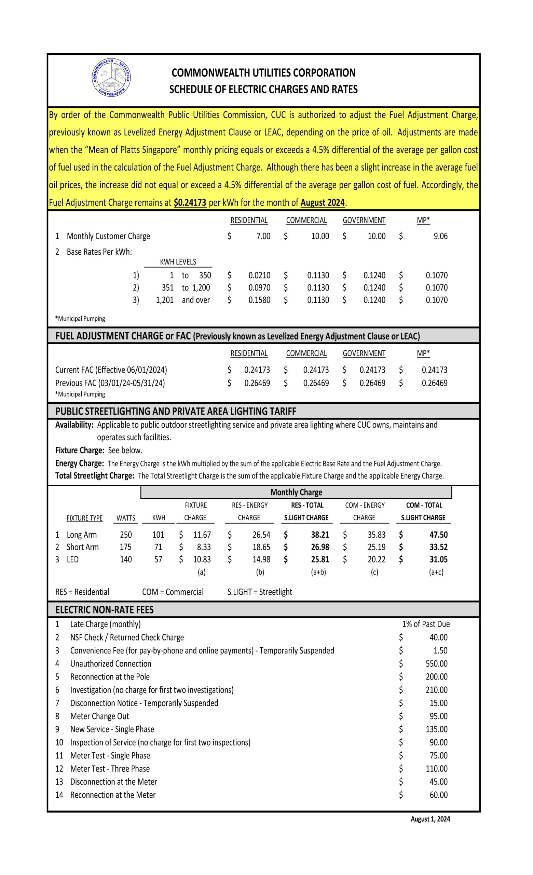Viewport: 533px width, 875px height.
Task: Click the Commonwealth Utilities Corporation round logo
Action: [111, 77]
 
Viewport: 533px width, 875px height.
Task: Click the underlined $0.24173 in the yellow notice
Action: [190, 202]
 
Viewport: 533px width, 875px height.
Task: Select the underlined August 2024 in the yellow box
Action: [323, 202]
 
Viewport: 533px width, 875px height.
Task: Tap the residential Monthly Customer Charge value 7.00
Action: [263, 236]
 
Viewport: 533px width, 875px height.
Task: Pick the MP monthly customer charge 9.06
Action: [440, 236]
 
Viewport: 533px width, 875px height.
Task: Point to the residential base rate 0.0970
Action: [259, 288]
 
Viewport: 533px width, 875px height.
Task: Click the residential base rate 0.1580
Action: [259, 300]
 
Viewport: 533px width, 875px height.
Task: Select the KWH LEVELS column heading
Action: [178, 262]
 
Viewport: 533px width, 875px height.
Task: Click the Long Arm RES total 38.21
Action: [320, 535]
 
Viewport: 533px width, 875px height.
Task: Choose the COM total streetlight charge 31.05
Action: [438, 560]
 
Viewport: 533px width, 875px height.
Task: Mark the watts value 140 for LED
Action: [126, 560]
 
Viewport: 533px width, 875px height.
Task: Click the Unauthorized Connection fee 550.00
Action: [436, 664]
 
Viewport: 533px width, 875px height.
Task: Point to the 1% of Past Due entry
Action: [426, 624]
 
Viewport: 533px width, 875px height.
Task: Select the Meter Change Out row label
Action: [99, 716]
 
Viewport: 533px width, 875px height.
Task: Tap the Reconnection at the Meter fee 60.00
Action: [438, 795]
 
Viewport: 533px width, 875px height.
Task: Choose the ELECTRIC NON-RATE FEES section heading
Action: [104, 610]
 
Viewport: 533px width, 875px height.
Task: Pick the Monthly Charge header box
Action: [296, 492]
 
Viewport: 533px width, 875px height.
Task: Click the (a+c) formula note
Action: [436, 573]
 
